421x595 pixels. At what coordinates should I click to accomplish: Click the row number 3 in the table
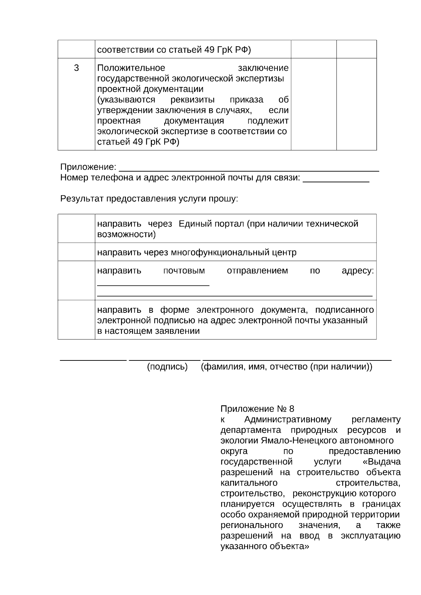(x=76, y=68)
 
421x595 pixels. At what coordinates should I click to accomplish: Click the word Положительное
(x=131, y=68)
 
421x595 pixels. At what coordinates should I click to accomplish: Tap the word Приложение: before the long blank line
(x=88, y=167)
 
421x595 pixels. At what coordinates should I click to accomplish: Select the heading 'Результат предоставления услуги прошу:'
(x=149, y=199)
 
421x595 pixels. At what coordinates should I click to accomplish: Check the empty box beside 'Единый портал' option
(x=76, y=229)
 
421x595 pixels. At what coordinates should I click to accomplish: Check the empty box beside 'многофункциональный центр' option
(x=76, y=252)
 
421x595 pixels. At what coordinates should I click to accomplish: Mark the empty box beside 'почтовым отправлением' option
(x=76, y=280)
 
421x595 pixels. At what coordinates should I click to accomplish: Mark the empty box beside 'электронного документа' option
(x=76, y=320)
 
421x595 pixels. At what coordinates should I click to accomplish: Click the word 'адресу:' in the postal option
(x=357, y=271)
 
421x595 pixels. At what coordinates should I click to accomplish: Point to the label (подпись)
(x=167, y=367)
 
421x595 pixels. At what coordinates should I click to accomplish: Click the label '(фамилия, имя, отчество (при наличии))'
(x=286, y=367)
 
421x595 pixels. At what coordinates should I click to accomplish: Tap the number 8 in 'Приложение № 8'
(x=292, y=409)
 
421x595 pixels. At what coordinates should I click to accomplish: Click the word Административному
(x=288, y=419)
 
